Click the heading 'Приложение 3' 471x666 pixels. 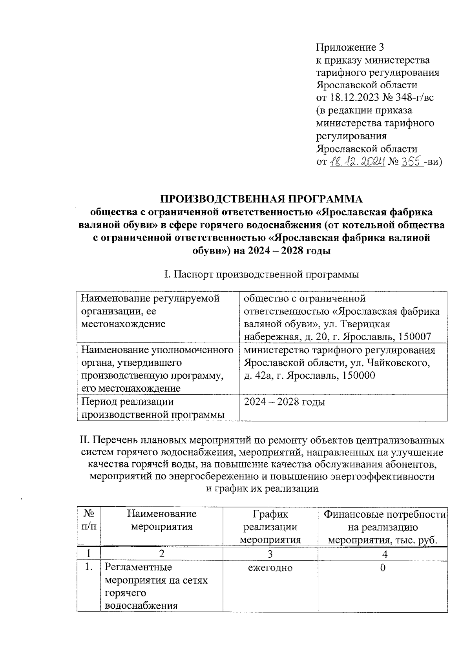pos(349,47)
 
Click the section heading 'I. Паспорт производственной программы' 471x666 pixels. pos(262,274)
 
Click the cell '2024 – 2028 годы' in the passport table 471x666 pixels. pos(285,402)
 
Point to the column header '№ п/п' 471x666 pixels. pos(89,520)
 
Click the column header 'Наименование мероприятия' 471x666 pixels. pos(162,520)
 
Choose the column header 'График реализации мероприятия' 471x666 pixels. pos(270,527)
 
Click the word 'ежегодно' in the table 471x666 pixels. pos(270,568)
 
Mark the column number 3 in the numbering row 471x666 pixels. pos(270,554)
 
